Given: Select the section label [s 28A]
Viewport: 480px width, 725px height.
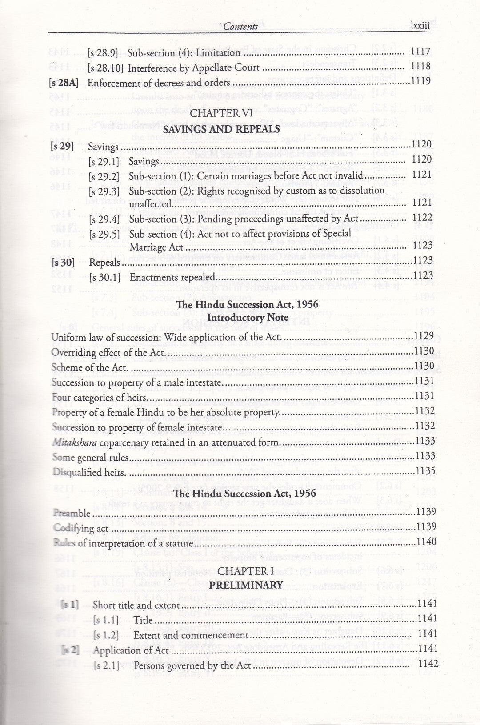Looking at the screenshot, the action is click(64, 82).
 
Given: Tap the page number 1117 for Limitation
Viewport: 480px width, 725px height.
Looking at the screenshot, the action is click(420, 52).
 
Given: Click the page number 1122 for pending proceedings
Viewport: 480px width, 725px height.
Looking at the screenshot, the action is click(422, 217).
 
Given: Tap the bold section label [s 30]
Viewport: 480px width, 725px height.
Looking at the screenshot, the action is click(63, 262).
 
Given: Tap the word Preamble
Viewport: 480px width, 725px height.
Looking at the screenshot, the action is click(72, 513).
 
